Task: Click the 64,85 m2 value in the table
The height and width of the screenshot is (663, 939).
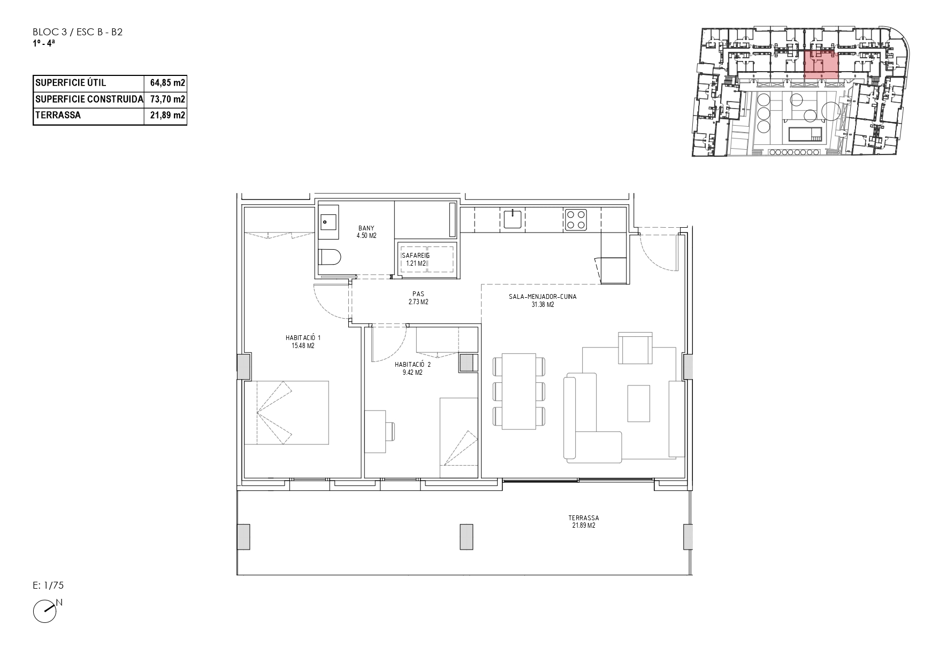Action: [167, 83]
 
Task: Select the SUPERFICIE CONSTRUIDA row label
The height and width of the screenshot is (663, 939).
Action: [89, 99]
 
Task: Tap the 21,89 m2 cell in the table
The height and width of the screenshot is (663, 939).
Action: [167, 115]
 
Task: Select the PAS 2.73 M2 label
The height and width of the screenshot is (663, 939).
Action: [418, 298]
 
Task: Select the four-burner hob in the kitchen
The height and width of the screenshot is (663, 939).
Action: [576, 219]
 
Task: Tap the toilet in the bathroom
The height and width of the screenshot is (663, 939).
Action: [330, 257]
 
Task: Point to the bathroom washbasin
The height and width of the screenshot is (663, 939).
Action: [328, 220]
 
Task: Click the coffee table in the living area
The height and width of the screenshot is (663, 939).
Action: [639, 403]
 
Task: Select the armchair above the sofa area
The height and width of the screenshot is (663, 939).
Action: [636, 348]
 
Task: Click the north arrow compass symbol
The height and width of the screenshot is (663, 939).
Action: [47, 610]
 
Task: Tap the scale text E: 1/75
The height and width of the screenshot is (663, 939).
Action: [48, 585]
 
